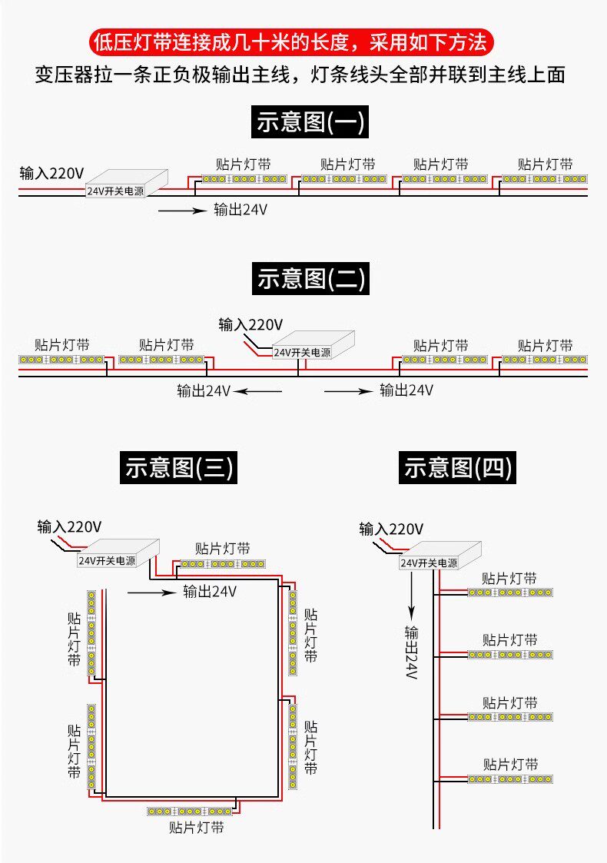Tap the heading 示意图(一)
point(310,122)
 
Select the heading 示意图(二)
point(310,278)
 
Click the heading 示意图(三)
point(177,466)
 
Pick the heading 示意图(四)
point(456,466)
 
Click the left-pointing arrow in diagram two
point(258,391)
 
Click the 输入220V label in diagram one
point(51,173)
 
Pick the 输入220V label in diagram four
point(391,529)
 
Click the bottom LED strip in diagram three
point(190,811)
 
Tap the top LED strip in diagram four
point(510,592)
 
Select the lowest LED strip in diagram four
point(510,779)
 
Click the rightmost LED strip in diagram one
point(545,179)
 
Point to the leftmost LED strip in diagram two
point(61,360)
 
